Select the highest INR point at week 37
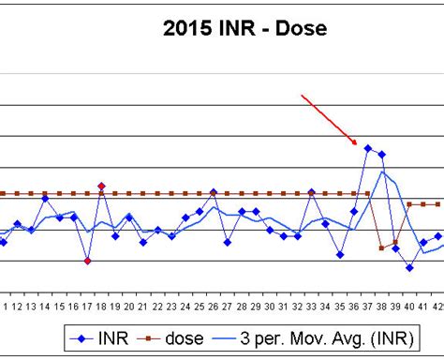368,148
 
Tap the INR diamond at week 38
382,154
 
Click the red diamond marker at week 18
101,186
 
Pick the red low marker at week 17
87,261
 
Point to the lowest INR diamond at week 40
410,267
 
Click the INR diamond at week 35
340,254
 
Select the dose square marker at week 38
382,247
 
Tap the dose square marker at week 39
396,243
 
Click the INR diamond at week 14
45,199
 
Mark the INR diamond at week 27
228,242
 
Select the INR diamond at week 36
354,211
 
